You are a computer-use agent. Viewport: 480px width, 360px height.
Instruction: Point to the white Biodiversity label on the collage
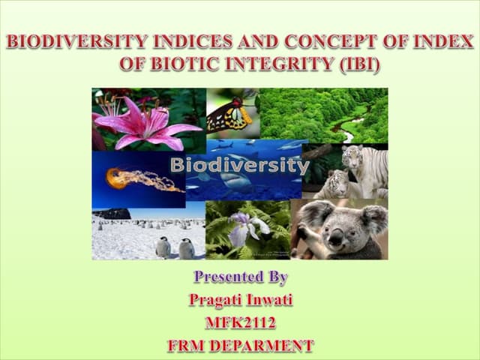coord(239,165)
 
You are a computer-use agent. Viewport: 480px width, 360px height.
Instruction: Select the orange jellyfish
coord(120,178)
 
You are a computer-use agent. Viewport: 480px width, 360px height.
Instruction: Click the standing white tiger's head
coord(352,157)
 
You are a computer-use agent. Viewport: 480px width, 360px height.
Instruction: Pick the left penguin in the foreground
coord(163,247)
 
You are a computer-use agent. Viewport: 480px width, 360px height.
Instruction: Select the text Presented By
coord(240,277)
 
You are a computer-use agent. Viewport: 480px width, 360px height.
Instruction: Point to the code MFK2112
coord(240,323)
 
